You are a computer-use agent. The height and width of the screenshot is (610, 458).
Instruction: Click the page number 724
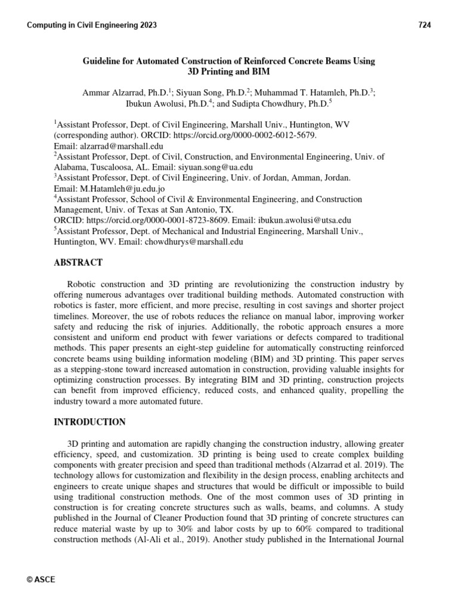click(424, 25)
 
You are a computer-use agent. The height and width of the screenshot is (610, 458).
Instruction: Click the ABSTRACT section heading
click(78, 263)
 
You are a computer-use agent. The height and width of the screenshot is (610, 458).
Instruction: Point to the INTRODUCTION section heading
click(89, 422)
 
